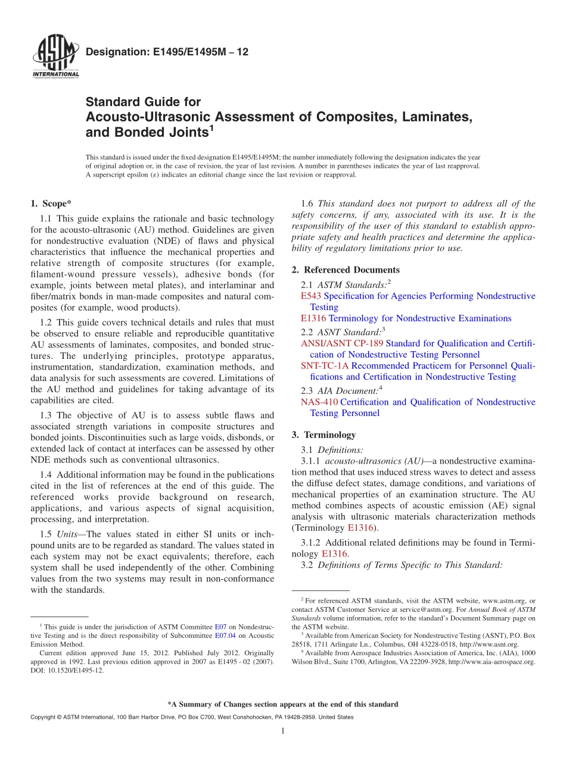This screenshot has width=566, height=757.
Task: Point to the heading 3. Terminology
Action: point(324,434)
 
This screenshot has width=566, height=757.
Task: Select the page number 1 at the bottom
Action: point(282,731)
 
